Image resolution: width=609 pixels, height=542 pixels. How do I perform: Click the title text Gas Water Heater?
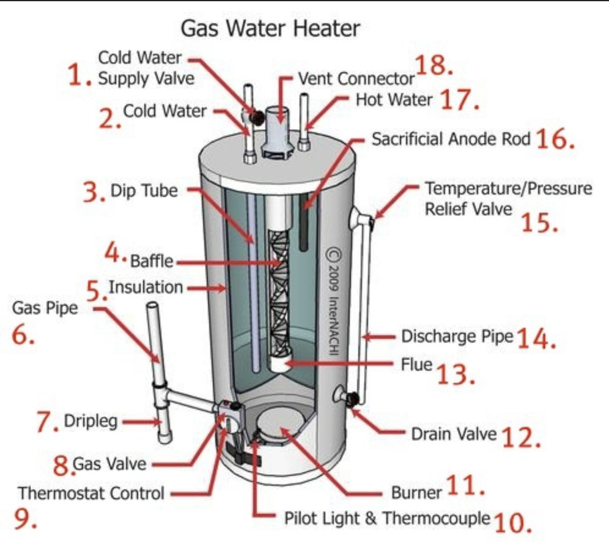coord(270,28)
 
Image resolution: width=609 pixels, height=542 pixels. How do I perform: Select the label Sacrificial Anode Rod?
coord(451,139)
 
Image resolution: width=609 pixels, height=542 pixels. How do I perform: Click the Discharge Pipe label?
coord(456,336)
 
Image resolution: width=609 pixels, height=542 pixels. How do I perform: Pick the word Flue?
coord(416,365)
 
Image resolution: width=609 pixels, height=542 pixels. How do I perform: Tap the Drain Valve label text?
coord(454,434)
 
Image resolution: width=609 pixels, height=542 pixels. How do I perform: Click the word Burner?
coord(416,492)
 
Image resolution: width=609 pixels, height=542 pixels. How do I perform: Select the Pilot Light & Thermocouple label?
coord(387,519)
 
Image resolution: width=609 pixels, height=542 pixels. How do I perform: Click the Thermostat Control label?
coord(92,492)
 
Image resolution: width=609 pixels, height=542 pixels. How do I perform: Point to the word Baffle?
coord(152,262)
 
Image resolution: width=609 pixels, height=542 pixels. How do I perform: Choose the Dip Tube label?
coord(144,190)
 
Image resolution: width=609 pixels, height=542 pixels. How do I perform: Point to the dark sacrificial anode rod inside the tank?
coord(304,226)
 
